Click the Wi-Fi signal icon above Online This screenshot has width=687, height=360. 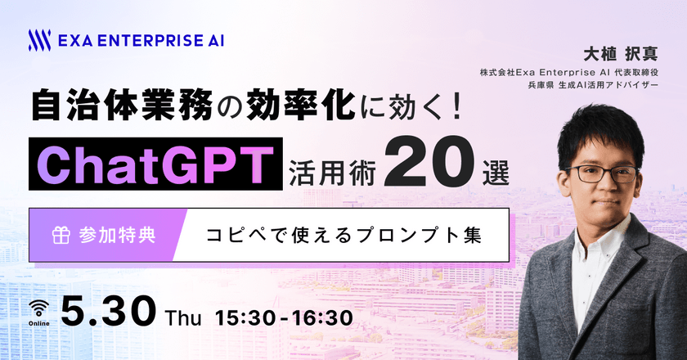(39, 307)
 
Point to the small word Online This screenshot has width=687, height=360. (39, 322)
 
